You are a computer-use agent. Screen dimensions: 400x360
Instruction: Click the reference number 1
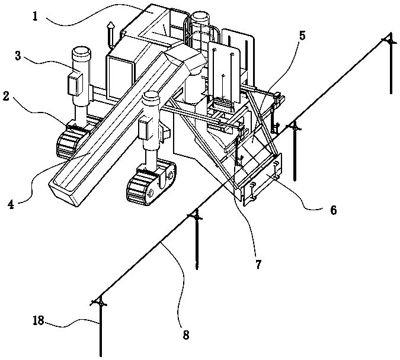(35, 17)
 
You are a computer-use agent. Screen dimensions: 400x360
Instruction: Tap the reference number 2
(7, 97)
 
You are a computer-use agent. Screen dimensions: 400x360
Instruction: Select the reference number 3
(18, 56)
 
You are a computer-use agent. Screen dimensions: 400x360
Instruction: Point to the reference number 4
(11, 204)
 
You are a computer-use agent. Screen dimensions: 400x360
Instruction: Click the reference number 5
(302, 36)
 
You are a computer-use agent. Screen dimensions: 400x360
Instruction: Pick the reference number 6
(334, 210)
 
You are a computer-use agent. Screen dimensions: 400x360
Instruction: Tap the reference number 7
(258, 265)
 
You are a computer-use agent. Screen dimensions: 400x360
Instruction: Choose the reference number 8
(186, 335)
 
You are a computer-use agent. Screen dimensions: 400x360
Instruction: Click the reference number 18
(39, 320)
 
